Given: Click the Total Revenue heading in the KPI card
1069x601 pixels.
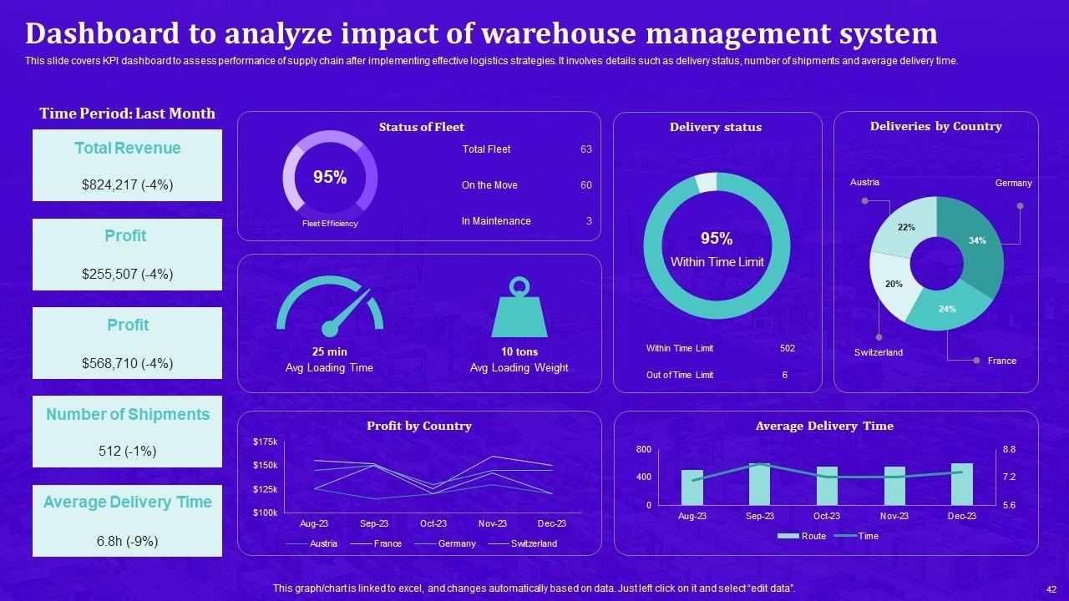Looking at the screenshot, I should point(127,149).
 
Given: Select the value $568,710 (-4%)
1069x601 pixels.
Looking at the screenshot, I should point(127,363).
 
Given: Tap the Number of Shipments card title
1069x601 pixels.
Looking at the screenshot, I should point(127,415).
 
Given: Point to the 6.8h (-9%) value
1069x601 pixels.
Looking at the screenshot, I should point(127,541).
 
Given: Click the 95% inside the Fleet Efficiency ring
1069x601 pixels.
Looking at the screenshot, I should point(330,177).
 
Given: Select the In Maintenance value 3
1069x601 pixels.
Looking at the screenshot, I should point(589,221).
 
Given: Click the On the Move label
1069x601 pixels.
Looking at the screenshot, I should point(489,185).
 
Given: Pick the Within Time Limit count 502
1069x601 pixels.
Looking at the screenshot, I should point(787,348).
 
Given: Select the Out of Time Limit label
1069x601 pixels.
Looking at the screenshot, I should point(680,375).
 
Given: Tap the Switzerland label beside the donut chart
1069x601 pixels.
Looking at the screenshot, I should point(878,352).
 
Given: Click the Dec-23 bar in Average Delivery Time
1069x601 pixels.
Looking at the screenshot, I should point(962,484).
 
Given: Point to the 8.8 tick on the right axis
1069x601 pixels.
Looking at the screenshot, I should point(1009,450).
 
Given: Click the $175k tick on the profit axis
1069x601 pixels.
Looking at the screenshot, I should point(266,442).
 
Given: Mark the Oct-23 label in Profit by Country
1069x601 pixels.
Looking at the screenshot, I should point(433,523).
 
